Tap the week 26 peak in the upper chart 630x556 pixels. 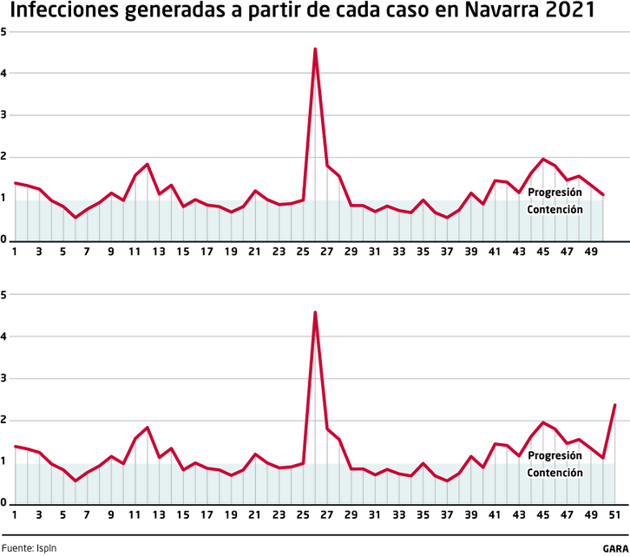click(315, 49)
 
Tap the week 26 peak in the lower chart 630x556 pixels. click(315, 312)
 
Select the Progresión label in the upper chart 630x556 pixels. click(555, 193)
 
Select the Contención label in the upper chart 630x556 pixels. click(555, 210)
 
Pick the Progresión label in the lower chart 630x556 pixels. click(555, 455)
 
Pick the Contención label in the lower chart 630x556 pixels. click(555, 473)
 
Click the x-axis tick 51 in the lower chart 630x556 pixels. click(615, 515)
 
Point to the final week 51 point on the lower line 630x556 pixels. click(615, 405)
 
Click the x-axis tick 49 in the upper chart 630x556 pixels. click(591, 252)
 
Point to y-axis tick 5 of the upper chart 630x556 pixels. click(3, 32)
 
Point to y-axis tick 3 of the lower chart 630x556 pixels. click(3, 378)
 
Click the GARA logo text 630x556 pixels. click(615, 548)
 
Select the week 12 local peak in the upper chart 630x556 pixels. click(148, 164)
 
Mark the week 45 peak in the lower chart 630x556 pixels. click(543, 422)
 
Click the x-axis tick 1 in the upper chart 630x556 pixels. click(15, 252)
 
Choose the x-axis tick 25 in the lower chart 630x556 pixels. click(303, 515)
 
